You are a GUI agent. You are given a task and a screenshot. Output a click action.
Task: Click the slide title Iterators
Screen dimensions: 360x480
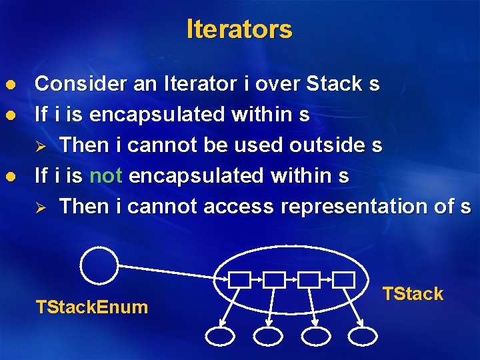point(239,29)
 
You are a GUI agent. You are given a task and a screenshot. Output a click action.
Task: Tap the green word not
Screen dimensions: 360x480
point(104,176)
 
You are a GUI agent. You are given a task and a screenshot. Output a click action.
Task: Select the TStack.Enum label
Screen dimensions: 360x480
point(91,307)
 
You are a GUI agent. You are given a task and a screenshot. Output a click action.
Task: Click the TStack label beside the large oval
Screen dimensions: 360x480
point(413,294)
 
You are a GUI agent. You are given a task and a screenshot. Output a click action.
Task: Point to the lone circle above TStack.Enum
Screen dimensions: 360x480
point(99,265)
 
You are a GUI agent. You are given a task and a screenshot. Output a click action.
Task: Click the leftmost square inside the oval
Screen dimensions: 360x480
point(239,280)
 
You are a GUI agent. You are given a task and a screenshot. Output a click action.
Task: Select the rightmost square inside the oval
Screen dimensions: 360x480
point(344,280)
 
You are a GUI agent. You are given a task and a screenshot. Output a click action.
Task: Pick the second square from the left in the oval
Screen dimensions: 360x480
point(274,280)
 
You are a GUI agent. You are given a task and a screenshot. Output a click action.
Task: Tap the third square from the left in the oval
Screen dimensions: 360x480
point(309,280)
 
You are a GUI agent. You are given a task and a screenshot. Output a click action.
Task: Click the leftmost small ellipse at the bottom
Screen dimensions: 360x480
point(221,336)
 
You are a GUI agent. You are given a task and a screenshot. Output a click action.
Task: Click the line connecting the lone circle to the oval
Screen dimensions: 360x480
point(173,272)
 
